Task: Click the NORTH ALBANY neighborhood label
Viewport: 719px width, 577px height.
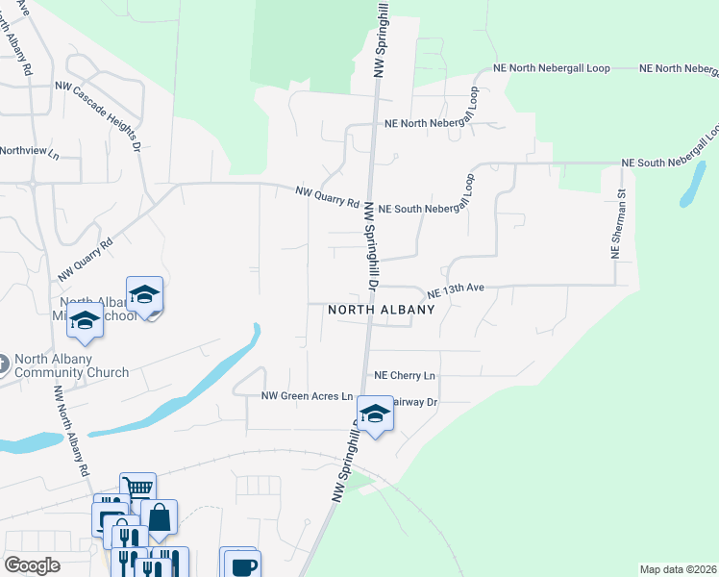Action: [x=382, y=310]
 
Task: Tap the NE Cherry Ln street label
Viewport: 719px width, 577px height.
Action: [x=404, y=375]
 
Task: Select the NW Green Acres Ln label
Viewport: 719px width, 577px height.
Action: [x=307, y=396]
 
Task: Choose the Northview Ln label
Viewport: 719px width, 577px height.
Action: [x=29, y=151]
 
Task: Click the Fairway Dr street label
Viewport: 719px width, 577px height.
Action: [x=413, y=402]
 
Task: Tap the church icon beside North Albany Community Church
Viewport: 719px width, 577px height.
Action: [x=3, y=364]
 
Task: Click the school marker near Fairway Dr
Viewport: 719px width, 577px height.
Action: [x=376, y=414]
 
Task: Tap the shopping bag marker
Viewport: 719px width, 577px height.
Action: [x=159, y=517]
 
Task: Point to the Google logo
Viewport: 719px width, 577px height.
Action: [x=32, y=565]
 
